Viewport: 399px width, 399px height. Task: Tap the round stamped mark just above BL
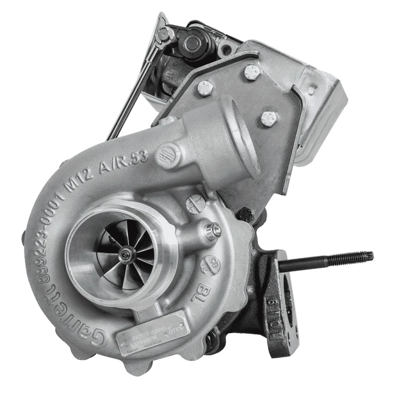point(210,263)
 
